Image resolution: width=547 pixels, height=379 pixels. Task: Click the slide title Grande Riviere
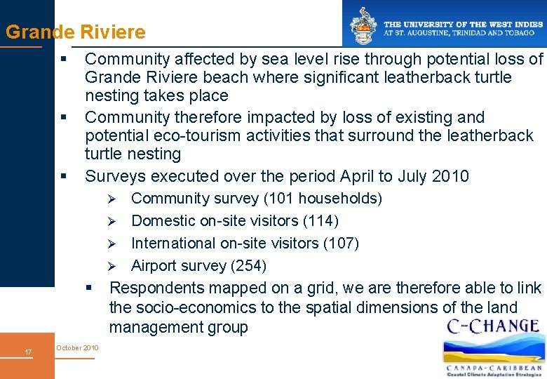[x=76, y=32]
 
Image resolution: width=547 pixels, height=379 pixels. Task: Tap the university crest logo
[x=363, y=26]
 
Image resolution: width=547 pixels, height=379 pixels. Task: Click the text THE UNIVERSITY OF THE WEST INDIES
[x=463, y=24]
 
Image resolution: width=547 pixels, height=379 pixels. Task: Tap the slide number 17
[x=27, y=352]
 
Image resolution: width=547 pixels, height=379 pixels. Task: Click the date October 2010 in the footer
[x=77, y=348]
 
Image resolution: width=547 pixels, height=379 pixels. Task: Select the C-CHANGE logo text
[x=492, y=326]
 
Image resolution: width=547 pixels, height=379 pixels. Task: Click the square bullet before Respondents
[x=89, y=288]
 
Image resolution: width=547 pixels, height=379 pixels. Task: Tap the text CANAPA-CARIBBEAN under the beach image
[x=494, y=367]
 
